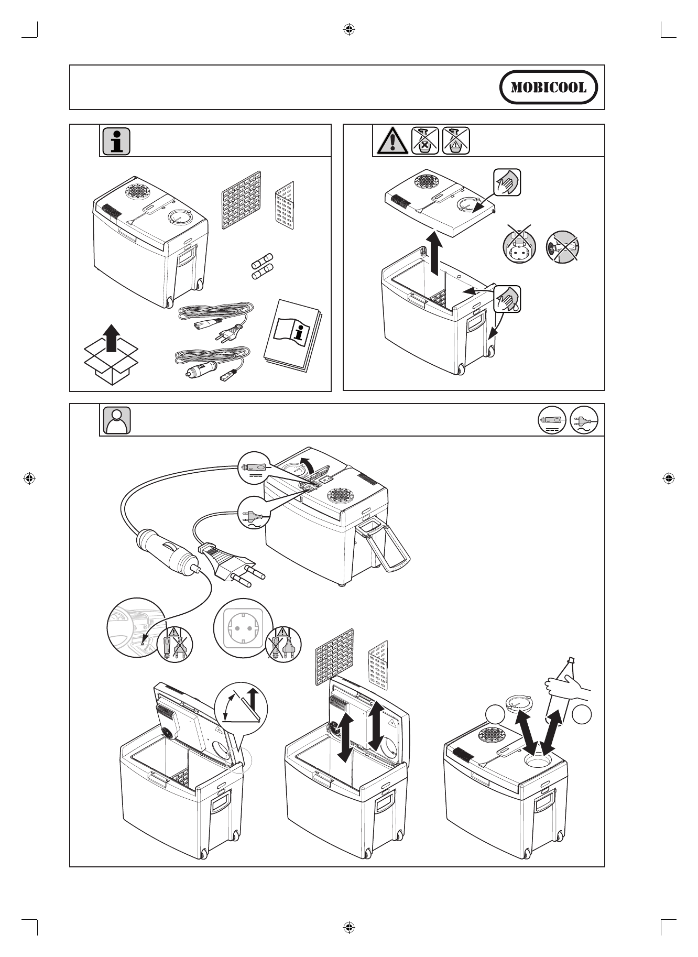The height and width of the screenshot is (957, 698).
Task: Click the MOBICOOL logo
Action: (x=549, y=87)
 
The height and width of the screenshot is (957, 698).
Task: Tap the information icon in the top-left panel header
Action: (x=116, y=141)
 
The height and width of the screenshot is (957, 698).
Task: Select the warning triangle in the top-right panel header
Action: (x=391, y=141)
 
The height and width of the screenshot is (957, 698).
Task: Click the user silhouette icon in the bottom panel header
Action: (x=116, y=420)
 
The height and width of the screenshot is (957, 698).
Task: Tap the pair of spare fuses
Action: (x=260, y=267)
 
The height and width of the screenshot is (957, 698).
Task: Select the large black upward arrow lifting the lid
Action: (x=434, y=255)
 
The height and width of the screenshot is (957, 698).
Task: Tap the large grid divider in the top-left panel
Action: (x=241, y=200)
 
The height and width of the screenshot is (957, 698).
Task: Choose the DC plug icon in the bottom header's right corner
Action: (x=552, y=420)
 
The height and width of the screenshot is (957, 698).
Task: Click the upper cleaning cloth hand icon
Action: (x=507, y=182)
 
